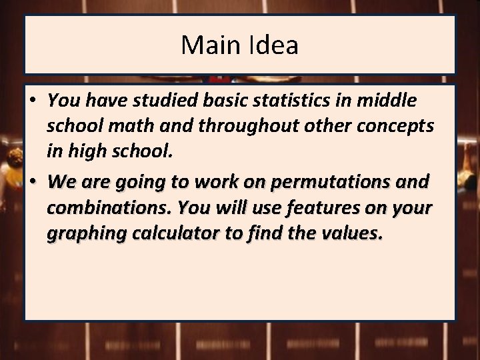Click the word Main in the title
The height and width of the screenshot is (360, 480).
pos(205,45)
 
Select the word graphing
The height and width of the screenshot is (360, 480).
pos(80,233)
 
